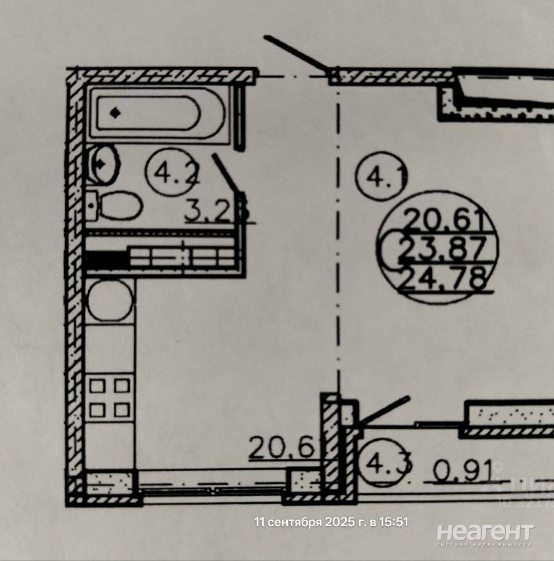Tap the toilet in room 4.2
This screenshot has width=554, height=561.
pos(115,205)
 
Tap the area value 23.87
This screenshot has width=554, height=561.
pos(441,250)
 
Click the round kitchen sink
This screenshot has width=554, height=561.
pos(110,300)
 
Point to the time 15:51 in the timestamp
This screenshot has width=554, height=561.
pos(393,523)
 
